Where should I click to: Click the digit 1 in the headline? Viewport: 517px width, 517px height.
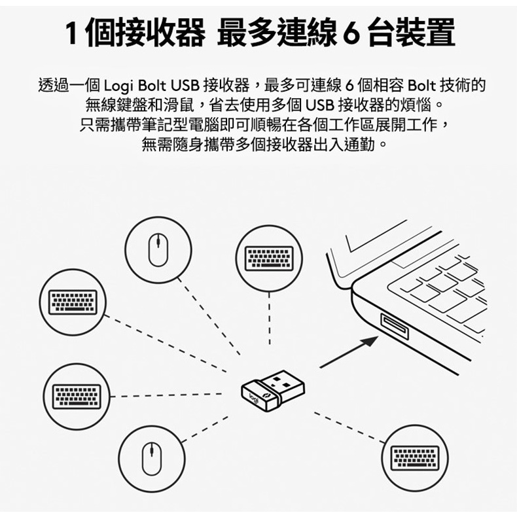[x=72, y=33]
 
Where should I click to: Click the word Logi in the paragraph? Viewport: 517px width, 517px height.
[x=118, y=86]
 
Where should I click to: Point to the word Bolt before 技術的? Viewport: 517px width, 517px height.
[x=421, y=86]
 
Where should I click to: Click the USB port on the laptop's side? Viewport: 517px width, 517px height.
[x=395, y=327]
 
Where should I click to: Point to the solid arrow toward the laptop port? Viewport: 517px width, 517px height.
[x=349, y=352]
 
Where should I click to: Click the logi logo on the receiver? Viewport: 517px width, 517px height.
[x=255, y=397]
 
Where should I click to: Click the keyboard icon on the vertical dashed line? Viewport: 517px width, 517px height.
[x=269, y=258]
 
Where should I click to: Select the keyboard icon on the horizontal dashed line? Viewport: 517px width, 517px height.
[x=77, y=397]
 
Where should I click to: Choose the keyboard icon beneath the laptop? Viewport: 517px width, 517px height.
[x=415, y=458]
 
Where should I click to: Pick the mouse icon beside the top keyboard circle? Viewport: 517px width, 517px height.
[x=158, y=249]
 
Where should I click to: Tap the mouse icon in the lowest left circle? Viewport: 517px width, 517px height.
[x=152, y=458]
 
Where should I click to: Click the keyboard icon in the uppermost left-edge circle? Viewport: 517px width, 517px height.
[x=73, y=302]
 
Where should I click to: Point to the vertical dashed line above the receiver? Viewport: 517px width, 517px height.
[x=270, y=319]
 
